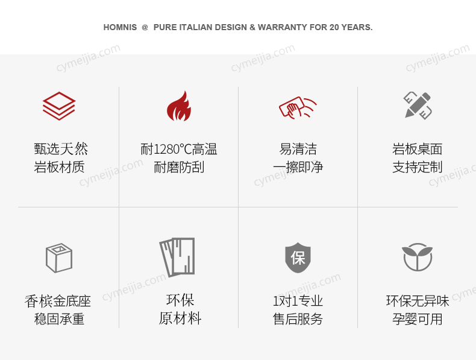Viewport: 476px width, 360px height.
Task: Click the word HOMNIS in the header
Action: pyautogui.click(x=120, y=28)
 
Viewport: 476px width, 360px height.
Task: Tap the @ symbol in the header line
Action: pyautogui.click(x=145, y=28)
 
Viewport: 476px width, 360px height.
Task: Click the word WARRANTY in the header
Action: pyautogui.click(x=283, y=28)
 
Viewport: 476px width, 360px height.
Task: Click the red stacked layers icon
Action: pyautogui.click(x=59, y=106)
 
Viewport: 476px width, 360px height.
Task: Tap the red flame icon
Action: pyautogui.click(x=179, y=106)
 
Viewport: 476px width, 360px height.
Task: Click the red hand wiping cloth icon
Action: pyautogui.click(x=298, y=107)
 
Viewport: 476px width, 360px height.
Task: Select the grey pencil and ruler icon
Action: pyautogui.click(x=418, y=106)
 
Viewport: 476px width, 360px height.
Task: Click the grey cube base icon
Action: pyautogui.click(x=59, y=257)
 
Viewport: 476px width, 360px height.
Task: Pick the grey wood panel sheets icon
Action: pyautogui.click(x=178, y=257)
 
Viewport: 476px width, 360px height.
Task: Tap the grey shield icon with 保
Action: pyautogui.click(x=298, y=258)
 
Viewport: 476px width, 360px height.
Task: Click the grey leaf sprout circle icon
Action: pyautogui.click(x=418, y=257)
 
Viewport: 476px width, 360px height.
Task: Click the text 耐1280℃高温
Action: pyautogui.click(x=179, y=150)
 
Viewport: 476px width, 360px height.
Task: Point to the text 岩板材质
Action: pyautogui.click(x=60, y=168)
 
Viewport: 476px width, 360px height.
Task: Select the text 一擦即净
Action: pyautogui.click(x=298, y=168)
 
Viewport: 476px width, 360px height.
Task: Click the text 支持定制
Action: pyautogui.click(x=418, y=168)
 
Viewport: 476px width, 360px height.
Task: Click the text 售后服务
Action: pyautogui.click(x=298, y=319)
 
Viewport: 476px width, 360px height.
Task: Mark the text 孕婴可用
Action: pyautogui.click(x=418, y=319)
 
